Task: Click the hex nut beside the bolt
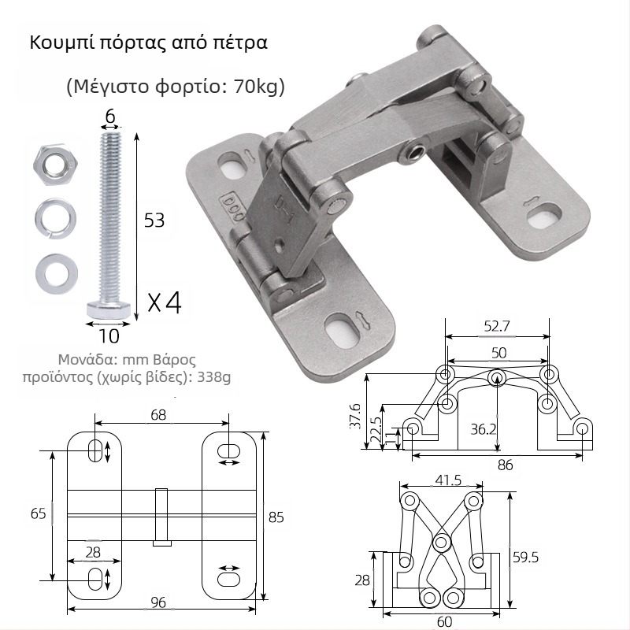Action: pos(55,165)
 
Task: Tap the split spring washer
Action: pos(55,219)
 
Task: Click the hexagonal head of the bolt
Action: pos(109,309)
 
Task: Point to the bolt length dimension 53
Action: pos(154,220)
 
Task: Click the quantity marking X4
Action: pos(165,302)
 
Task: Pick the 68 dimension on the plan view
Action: pos(158,415)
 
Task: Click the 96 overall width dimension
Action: pos(158,602)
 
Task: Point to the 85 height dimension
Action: pos(276,517)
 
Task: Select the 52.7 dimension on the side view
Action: pos(497,326)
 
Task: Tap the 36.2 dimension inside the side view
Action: pos(484,429)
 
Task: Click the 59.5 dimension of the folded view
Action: pos(525,558)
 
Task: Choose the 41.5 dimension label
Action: pos(448,480)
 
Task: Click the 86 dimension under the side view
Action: pos(505,465)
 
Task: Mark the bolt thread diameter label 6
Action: pos(110,117)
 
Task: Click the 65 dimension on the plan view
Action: pos(38,513)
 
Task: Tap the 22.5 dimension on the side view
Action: pos(376,430)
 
